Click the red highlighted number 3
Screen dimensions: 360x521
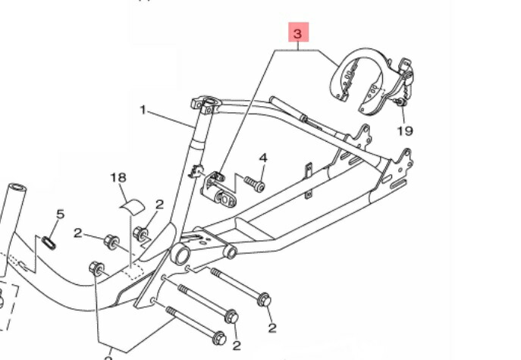click(298, 34)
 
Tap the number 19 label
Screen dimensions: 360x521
click(405, 130)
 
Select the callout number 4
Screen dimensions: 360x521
click(263, 158)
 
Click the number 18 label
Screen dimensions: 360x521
click(118, 177)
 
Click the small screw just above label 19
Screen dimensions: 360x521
click(398, 101)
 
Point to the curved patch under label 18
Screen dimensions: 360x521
click(133, 203)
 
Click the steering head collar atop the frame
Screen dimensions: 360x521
click(205, 102)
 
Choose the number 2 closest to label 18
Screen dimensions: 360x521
click(159, 205)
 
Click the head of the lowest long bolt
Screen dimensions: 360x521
click(218, 337)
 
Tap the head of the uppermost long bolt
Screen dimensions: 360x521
click(265, 300)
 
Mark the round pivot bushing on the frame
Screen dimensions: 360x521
click(182, 253)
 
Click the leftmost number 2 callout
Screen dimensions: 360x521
click(77, 233)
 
